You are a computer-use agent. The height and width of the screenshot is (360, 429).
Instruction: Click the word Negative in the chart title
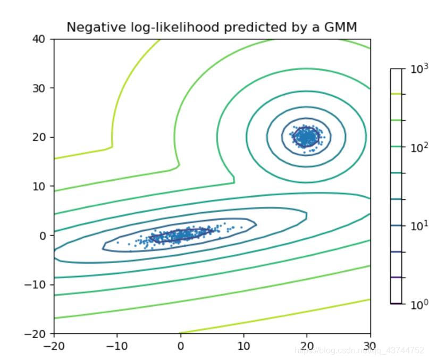click(x=88, y=27)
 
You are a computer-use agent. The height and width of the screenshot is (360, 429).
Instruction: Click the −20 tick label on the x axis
click(x=53, y=346)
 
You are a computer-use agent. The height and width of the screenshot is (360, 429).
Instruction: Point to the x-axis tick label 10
click(x=243, y=346)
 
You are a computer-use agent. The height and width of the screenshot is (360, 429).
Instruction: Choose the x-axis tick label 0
click(x=180, y=346)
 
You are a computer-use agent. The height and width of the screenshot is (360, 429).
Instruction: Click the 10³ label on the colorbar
click(x=419, y=69)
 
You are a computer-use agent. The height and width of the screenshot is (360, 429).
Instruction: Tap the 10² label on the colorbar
click(x=419, y=148)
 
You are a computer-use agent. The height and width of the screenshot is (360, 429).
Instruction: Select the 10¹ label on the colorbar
click(x=419, y=226)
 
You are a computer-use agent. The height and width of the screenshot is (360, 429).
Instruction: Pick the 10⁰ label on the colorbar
click(x=419, y=305)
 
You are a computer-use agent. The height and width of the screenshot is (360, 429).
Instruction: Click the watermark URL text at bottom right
click(x=359, y=350)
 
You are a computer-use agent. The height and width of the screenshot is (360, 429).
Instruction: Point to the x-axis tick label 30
click(x=370, y=346)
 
